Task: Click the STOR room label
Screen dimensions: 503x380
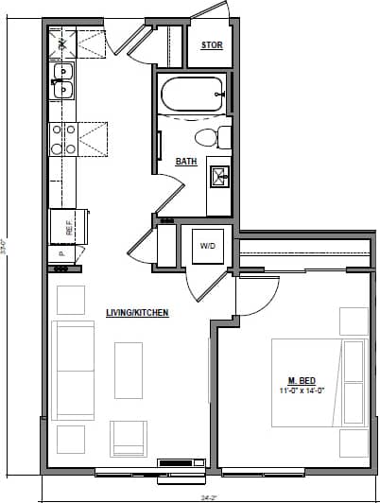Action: click(x=212, y=44)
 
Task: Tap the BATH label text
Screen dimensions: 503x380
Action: click(x=186, y=161)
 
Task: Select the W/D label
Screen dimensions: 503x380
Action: click(x=207, y=246)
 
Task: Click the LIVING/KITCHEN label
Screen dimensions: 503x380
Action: click(x=137, y=312)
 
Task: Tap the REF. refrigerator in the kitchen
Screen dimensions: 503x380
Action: click(x=68, y=227)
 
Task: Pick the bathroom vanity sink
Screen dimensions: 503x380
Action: click(x=218, y=176)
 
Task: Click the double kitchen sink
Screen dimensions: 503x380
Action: click(x=63, y=80)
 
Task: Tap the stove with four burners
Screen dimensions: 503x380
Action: click(x=63, y=139)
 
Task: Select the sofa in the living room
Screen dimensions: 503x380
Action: click(x=74, y=370)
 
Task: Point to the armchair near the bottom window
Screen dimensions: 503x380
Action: click(x=129, y=439)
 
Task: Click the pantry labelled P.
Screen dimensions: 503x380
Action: click(x=61, y=253)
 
